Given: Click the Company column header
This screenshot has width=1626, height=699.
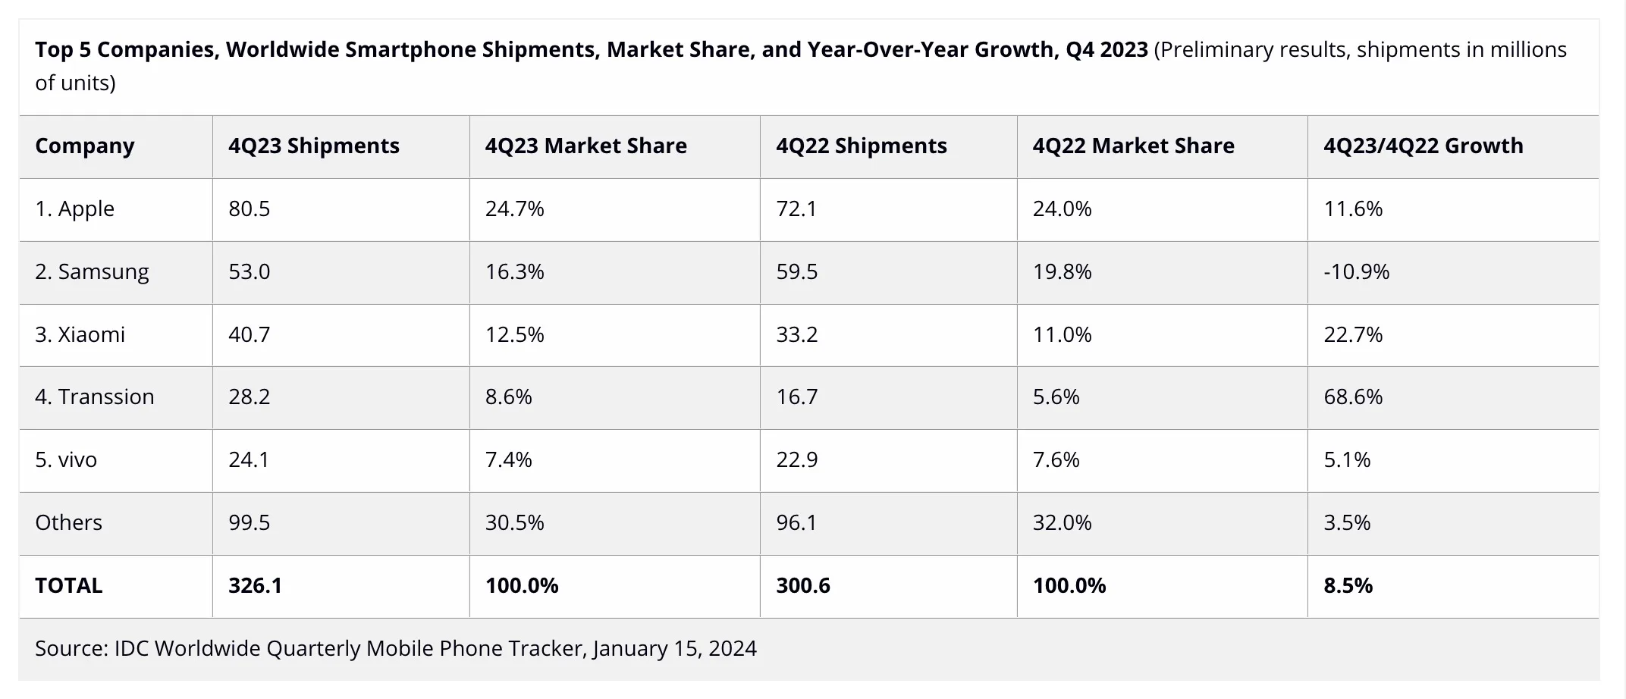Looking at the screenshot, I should click(85, 146).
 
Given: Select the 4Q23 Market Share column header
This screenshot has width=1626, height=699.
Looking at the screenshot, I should click(585, 146).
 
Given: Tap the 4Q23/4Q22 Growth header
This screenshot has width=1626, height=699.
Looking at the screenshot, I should click(1423, 146).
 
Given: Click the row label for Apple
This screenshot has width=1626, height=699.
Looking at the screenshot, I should click(75, 208).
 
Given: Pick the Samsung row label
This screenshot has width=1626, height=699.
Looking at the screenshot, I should click(93, 271).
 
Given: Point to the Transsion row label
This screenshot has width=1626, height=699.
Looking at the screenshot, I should click(95, 397).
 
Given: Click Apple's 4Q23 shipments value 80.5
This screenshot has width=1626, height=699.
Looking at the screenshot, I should click(250, 208).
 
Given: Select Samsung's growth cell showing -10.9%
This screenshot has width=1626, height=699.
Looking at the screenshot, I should click(1356, 271).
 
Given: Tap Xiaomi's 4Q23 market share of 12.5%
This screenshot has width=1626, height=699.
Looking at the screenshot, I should click(515, 334).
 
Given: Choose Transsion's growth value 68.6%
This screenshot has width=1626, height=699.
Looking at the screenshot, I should click(1353, 397).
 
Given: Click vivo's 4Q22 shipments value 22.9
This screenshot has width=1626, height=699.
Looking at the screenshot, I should click(797, 459).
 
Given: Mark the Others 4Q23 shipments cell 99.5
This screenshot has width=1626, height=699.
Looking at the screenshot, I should click(250, 522).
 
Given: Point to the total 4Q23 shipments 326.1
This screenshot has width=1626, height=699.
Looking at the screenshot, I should click(256, 585).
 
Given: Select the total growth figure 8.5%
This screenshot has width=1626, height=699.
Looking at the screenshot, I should click(1348, 585).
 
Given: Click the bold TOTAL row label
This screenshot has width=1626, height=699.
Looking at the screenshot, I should click(69, 585).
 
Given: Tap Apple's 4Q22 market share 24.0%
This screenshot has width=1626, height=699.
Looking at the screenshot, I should click(1062, 208).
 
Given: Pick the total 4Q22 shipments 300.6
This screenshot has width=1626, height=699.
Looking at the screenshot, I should click(803, 585).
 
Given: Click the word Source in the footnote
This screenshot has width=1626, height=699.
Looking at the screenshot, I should click(71, 648).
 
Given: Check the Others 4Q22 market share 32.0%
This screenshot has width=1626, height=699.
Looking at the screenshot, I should click(1062, 522).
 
